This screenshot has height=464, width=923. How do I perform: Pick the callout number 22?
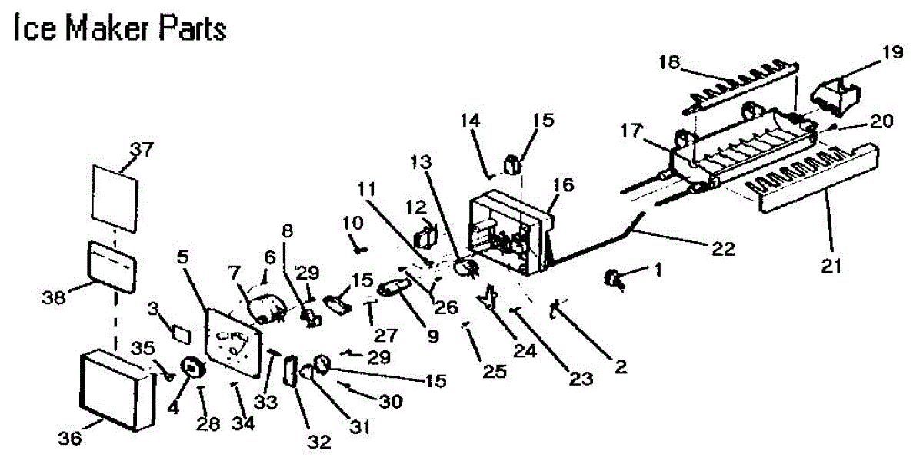[x=724, y=248]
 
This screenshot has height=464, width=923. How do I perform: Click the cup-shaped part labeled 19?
[x=835, y=93]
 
